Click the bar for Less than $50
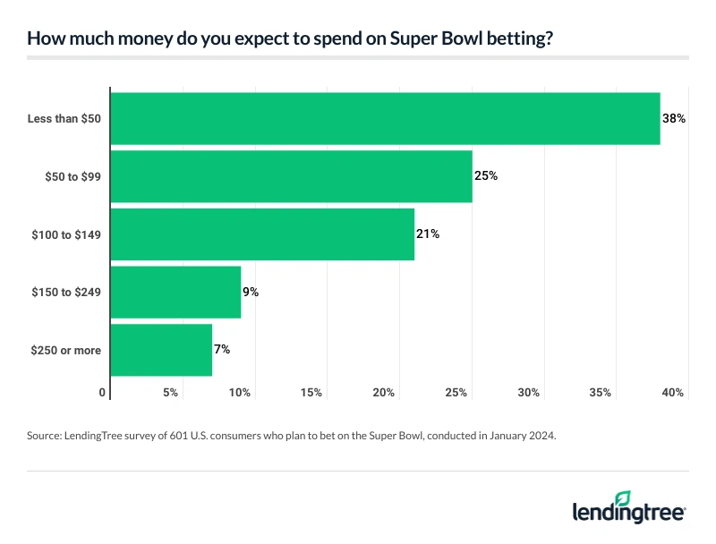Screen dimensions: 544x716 click(385, 118)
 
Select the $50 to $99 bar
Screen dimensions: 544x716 click(291, 176)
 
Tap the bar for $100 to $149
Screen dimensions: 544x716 click(262, 234)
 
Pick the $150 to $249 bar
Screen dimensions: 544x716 click(175, 292)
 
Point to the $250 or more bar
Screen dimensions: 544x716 click(161, 350)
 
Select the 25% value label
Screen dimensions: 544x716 click(486, 176)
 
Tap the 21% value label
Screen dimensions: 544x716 click(429, 234)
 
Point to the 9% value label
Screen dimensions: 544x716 click(251, 292)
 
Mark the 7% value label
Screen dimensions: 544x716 click(222, 350)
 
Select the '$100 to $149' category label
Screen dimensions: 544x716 click(69, 234)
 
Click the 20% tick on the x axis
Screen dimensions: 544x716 click(384, 393)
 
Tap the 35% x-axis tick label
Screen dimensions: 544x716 click(600, 393)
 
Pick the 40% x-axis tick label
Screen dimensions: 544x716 click(672, 393)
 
